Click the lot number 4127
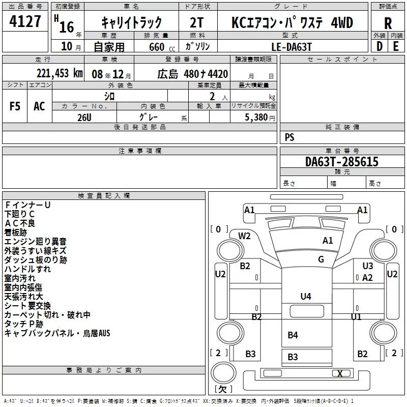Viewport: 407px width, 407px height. pyautogui.click(x=25, y=21)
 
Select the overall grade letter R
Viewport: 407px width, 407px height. pyautogui.click(x=388, y=23)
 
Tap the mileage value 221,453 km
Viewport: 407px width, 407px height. pyautogui.click(x=60, y=73)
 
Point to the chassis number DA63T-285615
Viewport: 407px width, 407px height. pyautogui.click(x=342, y=161)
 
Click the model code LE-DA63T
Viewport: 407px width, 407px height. pyautogui.click(x=292, y=47)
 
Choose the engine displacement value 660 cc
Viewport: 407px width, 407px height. pyautogui.click(x=162, y=47)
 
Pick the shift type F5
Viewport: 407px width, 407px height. pyautogui.click(x=15, y=106)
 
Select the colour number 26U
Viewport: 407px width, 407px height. pyautogui.click(x=84, y=118)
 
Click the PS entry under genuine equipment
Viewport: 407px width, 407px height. pyautogui.click(x=289, y=137)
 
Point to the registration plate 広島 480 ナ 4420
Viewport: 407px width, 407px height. pyautogui.click(x=193, y=74)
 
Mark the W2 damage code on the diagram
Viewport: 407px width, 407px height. pyautogui.click(x=244, y=236)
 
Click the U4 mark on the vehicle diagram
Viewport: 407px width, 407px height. pyautogui.click(x=306, y=296)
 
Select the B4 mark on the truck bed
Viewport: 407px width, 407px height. pyautogui.click(x=293, y=335)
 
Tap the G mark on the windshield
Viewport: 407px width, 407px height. pyautogui.click(x=321, y=259)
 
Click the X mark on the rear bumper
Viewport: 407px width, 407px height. pyautogui.click(x=340, y=373)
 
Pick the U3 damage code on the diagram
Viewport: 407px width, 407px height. pyautogui.click(x=367, y=266)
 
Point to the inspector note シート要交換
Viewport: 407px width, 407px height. pyautogui.click(x=27, y=306)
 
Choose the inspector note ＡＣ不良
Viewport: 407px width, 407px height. pyautogui.click(x=20, y=223)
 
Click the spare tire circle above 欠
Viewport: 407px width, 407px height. pyautogui.click(x=223, y=373)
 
